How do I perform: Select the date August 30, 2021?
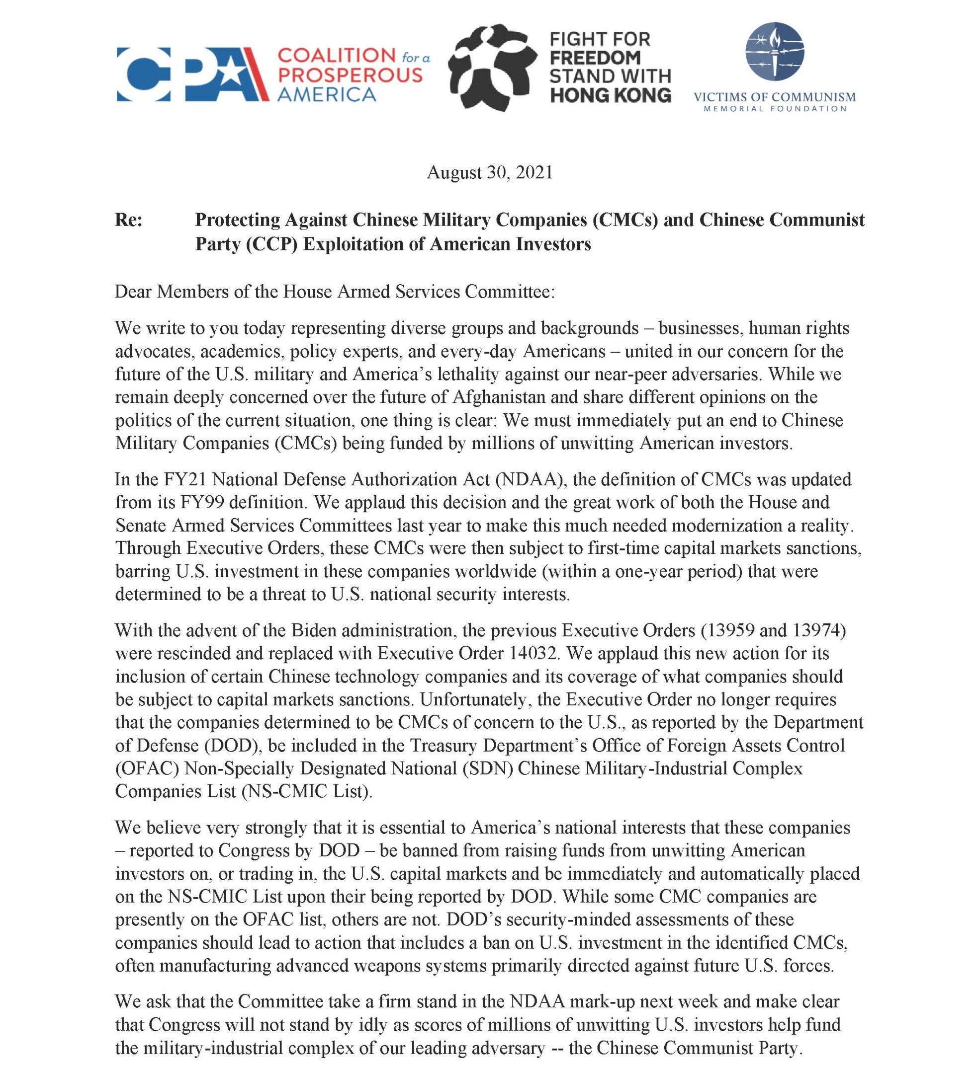pyautogui.click(x=489, y=172)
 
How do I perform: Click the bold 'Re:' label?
pyautogui.click(x=129, y=220)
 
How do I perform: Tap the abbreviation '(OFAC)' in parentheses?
pyautogui.click(x=147, y=768)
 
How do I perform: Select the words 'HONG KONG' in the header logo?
pyautogui.click(x=610, y=95)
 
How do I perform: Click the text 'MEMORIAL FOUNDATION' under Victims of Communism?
pyautogui.click(x=775, y=108)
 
